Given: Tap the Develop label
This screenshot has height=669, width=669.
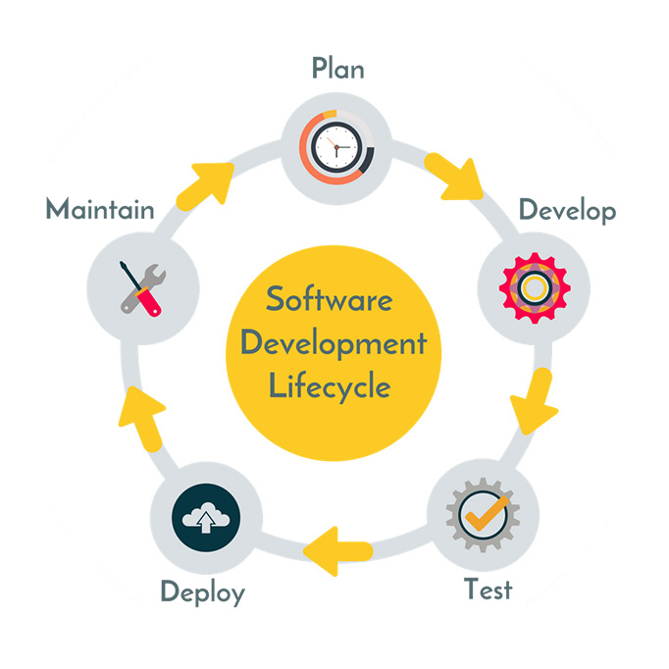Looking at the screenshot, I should pyautogui.click(x=567, y=211).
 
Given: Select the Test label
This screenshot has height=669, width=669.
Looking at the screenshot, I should pyautogui.click(x=489, y=591).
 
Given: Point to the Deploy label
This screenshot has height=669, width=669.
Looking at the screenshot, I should pyautogui.click(x=202, y=592).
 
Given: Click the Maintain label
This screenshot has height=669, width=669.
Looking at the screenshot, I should pyautogui.click(x=100, y=210).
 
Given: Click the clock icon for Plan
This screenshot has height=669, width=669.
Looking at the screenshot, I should pyautogui.click(x=336, y=147).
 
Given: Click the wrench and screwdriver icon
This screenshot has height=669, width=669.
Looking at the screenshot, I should pyautogui.click(x=141, y=287).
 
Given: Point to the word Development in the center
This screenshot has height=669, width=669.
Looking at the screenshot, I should pyautogui.click(x=334, y=343).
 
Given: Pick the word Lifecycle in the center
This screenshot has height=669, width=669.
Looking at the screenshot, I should pyautogui.click(x=331, y=386).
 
